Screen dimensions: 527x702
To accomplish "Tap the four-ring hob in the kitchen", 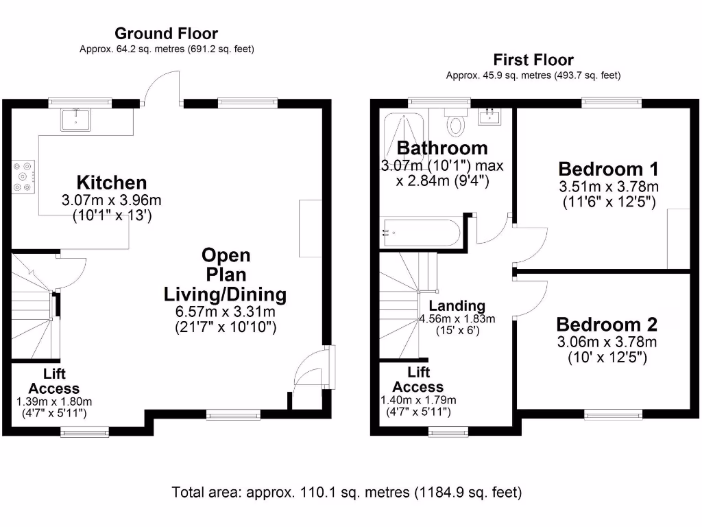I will point(23,176).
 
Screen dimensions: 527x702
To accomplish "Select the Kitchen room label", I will point(111,183).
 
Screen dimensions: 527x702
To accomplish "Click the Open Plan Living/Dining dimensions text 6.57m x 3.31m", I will point(225,312).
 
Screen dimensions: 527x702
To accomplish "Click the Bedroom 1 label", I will point(608,169).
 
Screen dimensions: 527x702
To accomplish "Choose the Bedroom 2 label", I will point(607,325).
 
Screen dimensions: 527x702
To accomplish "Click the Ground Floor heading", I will point(166,33).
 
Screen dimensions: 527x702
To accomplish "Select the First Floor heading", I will point(533,60).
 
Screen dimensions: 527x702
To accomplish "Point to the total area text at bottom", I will point(347,492).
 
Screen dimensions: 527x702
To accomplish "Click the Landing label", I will point(457,306).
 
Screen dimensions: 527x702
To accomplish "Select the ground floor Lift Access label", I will point(53,381).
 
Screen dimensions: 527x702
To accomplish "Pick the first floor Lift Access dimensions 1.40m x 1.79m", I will point(418,401).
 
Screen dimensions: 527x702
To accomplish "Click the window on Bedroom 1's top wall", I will point(612,103).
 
